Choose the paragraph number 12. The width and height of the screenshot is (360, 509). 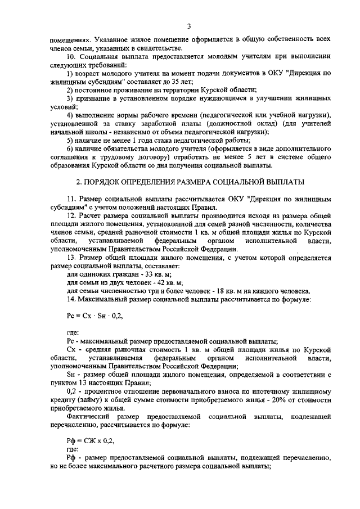click(x=70, y=216)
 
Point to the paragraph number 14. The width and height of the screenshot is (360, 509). click(x=70, y=299)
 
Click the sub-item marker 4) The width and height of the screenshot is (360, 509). click(x=70, y=115)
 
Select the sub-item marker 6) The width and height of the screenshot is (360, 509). click(x=70, y=148)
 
